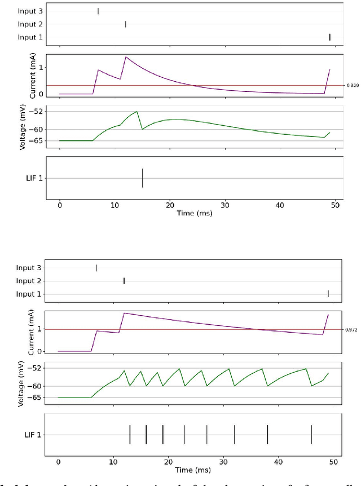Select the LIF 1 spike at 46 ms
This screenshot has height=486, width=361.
click(311, 435)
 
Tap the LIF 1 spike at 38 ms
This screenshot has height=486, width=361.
click(267, 435)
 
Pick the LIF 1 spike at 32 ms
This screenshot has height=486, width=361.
click(234, 435)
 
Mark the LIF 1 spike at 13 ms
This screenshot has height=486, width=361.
click(130, 435)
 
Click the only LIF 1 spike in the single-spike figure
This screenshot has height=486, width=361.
click(142, 178)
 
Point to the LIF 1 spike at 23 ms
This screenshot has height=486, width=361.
click(184, 435)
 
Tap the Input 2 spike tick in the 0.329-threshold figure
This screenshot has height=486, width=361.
click(125, 24)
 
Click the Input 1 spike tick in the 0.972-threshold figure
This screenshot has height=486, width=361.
click(328, 293)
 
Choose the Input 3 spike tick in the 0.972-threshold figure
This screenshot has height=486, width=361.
click(96, 268)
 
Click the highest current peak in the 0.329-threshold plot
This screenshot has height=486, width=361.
click(126, 56)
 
